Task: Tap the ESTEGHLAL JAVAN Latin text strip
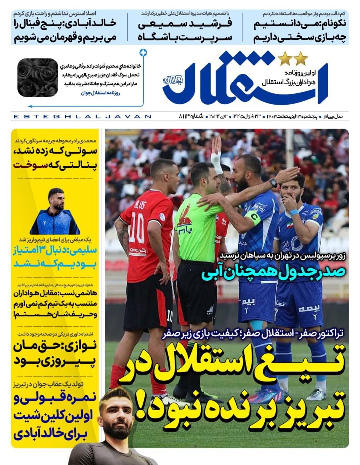[x=82, y=117]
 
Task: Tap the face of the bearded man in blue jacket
[x=55, y=198]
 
